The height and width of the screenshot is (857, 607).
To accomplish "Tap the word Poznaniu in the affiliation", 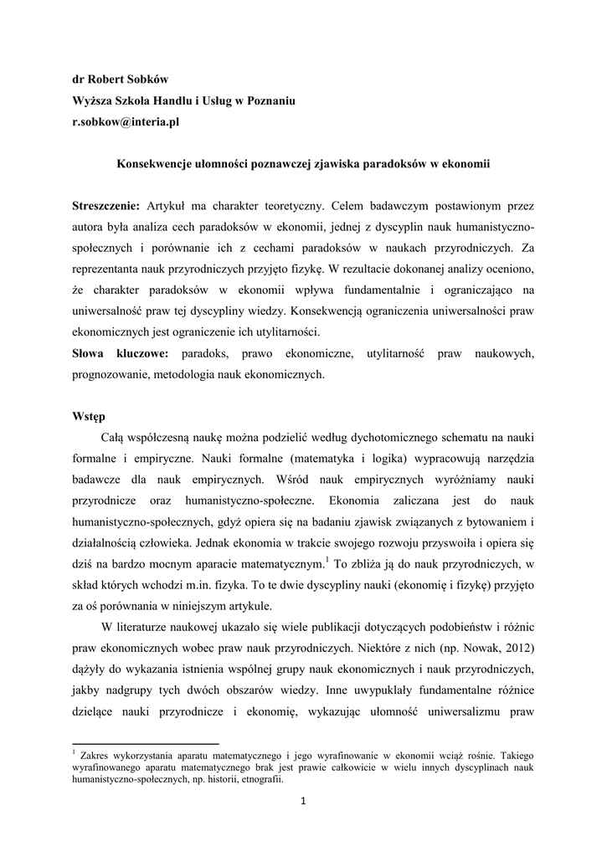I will (x=269, y=100).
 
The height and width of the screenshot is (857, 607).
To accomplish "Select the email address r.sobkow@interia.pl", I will (x=124, y=121).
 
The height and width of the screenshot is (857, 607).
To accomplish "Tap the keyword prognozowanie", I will (x=109, y=375).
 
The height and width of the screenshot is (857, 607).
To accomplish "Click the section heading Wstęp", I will (x=87, y=417).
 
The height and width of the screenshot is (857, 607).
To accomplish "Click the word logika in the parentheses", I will (x=381, y=459).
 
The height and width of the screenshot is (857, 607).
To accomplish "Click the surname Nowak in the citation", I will (x=465, y=649).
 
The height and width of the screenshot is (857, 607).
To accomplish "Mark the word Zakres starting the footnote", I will (x=96, y=754).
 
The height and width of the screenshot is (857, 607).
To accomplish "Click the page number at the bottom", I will (x=303, y=805).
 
